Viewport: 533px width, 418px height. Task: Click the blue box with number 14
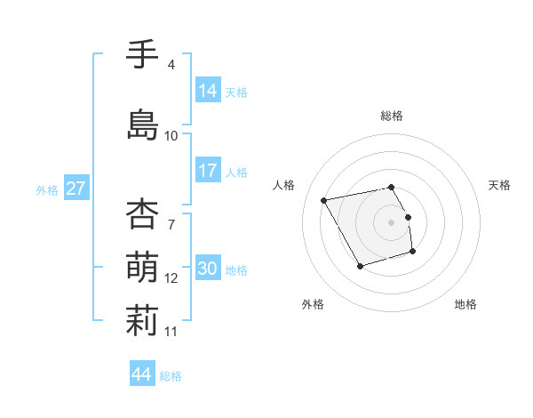(x=208, y=91)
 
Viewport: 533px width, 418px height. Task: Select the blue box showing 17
(x=208, y=171)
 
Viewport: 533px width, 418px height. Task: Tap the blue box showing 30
(x=208, y=269)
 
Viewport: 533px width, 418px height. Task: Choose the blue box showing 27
(x=76, y=189)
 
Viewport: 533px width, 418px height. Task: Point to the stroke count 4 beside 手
(x=171, y=65)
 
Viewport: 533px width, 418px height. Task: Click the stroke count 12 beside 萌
(x=171, y=278)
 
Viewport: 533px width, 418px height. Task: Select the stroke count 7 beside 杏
(x=171, y=213)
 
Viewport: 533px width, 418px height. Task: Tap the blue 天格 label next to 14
(x=235, y=92)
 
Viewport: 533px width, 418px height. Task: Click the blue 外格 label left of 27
(x=47, y=189)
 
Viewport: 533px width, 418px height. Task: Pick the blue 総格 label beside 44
(x=171, y=375)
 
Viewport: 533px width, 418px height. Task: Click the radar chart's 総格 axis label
(x=392, y=116)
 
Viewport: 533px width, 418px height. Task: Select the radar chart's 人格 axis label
(x=284, y=185)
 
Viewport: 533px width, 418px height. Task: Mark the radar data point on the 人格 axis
(x=324, y=199)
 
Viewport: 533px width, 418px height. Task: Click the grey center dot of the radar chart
(x=392, y=221)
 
